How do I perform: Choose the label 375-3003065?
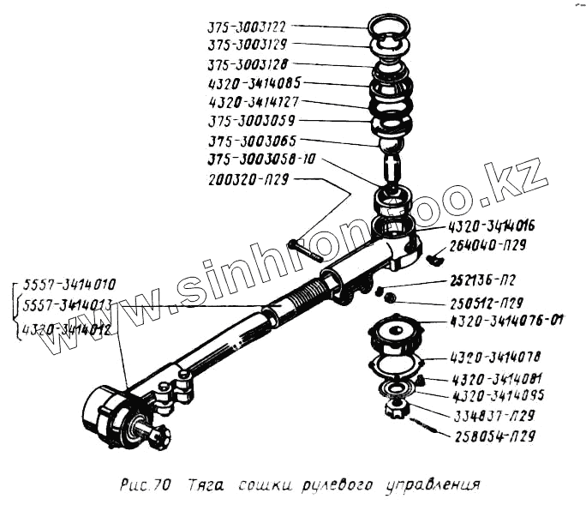click(x=252, y=140)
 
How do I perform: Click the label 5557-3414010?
click(x=70, y=285)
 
